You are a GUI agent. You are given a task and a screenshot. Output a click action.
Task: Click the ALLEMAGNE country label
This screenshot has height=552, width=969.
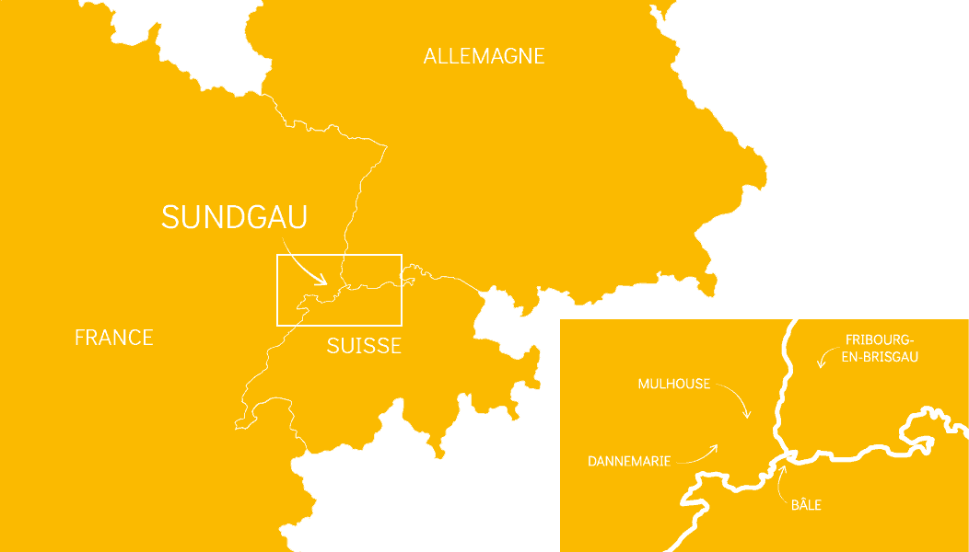pyautogui.click(x=484, y=56)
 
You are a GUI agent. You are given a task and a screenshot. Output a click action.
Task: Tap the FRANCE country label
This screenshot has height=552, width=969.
pyautogui.click(x=113, y=338)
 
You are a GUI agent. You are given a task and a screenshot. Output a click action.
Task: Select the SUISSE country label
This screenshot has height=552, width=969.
pyautogui.click(x=364, y=346)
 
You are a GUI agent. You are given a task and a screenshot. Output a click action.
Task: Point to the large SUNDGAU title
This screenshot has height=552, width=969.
pyautogui.click(x=234, y=217)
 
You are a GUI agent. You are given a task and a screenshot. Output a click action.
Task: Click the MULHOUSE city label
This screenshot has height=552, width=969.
pyautogui.click(x=674, y=384)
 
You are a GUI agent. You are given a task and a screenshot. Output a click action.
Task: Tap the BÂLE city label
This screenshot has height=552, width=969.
pyautogui.click(x=806, y=505)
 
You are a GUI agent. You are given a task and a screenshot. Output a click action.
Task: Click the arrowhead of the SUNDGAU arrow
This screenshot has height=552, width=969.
pyautogui.click(x=321, y=279)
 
